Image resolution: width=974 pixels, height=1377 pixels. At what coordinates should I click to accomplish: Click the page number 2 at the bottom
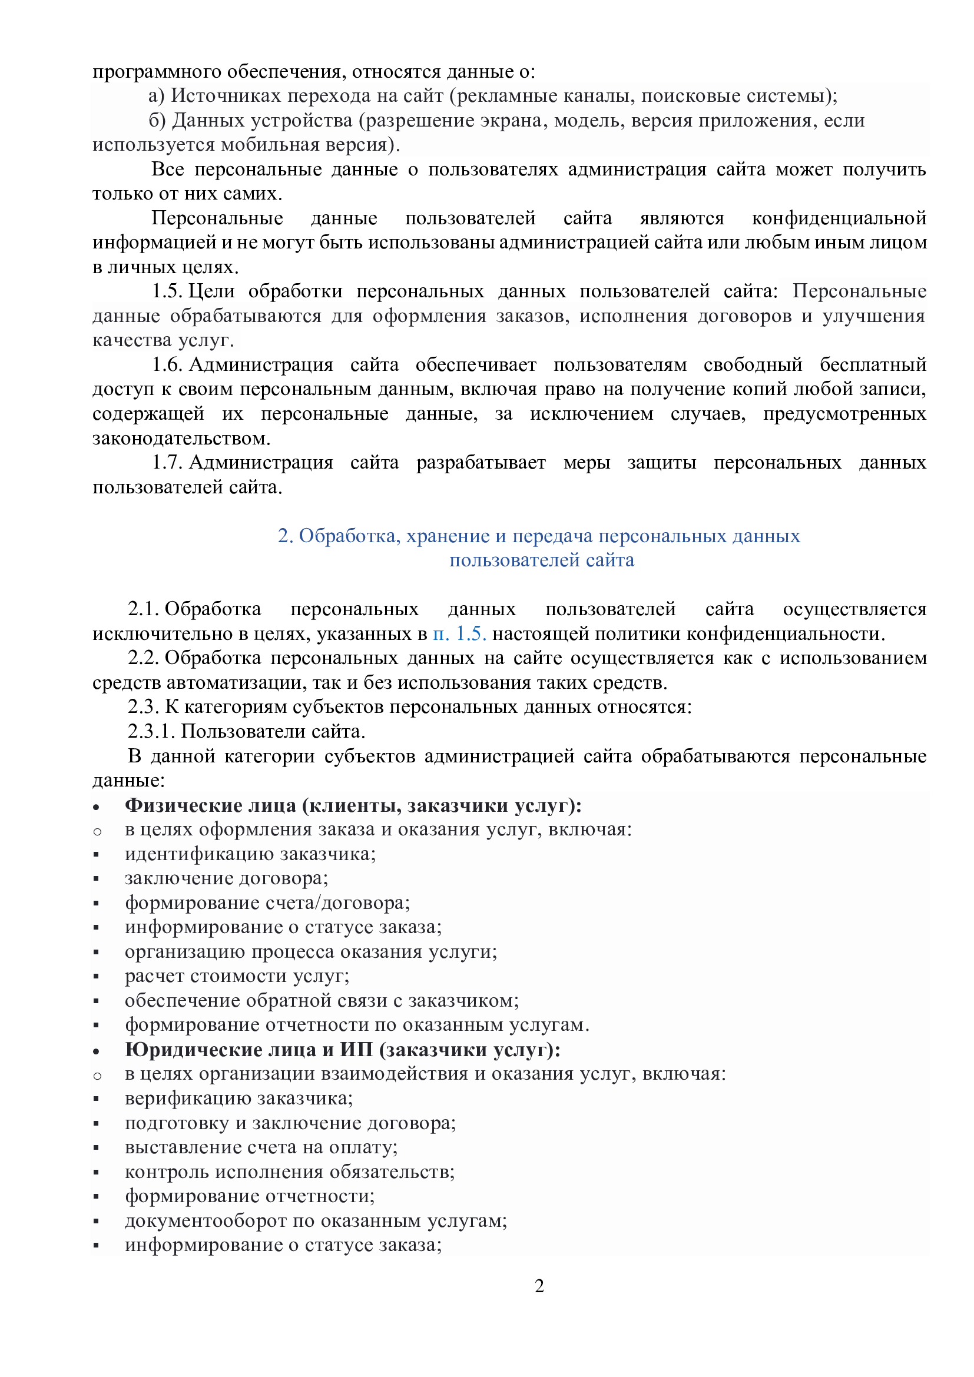coord(539,1286)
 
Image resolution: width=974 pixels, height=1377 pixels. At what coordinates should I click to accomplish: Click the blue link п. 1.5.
coord(459,633)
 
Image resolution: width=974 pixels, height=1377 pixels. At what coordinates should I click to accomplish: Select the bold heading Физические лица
coord(210,805)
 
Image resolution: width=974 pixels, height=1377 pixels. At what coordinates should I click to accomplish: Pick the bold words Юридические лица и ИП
coord(249,1050)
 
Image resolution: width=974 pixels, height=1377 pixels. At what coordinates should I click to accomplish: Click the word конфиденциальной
coord(839,218)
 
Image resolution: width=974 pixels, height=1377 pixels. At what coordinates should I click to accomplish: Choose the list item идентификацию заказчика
coord(250,854)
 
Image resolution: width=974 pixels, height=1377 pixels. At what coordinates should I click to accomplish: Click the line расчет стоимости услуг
coord(237,975)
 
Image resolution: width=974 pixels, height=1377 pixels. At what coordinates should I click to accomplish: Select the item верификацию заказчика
coord(238,1098)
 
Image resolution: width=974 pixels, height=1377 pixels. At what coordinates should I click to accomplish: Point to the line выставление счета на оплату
coord(261,1147)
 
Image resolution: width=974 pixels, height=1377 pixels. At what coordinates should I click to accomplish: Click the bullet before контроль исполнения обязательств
coord(96,1173)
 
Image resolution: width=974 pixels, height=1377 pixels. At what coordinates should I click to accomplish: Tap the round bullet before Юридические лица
coord(96,1051)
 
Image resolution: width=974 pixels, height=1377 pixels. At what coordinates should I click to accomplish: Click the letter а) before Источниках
coord(156,95)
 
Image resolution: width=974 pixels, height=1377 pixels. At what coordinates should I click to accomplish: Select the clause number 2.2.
coord(143,658)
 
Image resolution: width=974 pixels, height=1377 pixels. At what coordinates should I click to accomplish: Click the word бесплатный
coord(873,364)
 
